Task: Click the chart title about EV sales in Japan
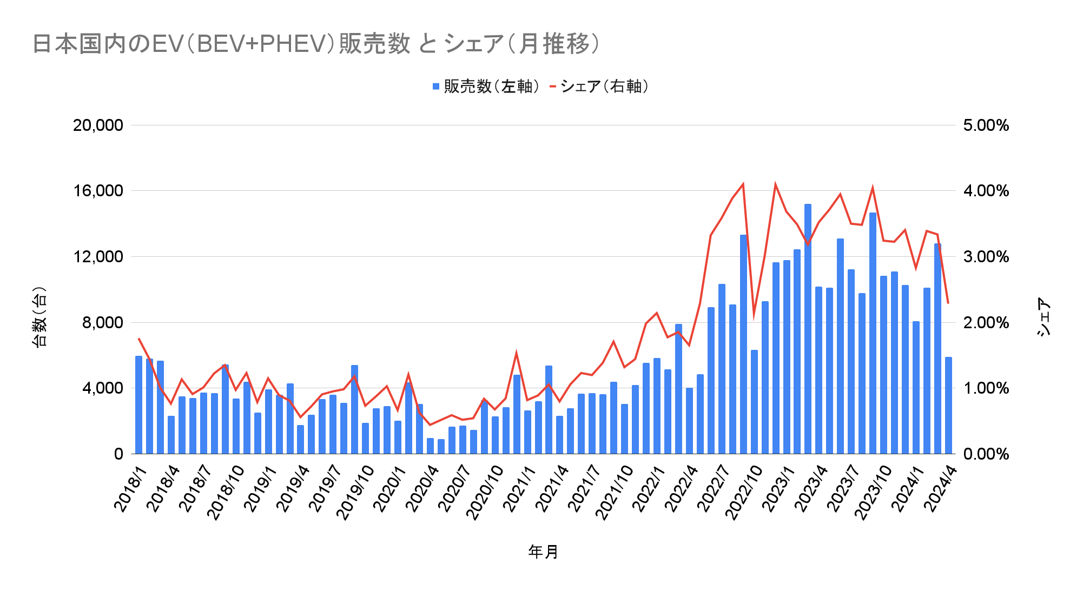316,44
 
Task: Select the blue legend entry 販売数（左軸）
486,87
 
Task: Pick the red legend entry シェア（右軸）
599,87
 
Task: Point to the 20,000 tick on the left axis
98,125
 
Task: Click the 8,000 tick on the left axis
103,323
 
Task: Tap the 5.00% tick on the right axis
986,125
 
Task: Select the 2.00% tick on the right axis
986,323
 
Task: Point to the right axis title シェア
1044,316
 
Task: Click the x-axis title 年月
543,552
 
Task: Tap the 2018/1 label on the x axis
131,489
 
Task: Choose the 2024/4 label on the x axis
940,489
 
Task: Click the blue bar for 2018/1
138,406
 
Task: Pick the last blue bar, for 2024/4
948,406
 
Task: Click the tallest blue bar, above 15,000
808,330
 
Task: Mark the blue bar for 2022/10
754,403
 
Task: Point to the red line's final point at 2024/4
948,303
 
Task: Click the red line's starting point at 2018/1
138,338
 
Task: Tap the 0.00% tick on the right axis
986,454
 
